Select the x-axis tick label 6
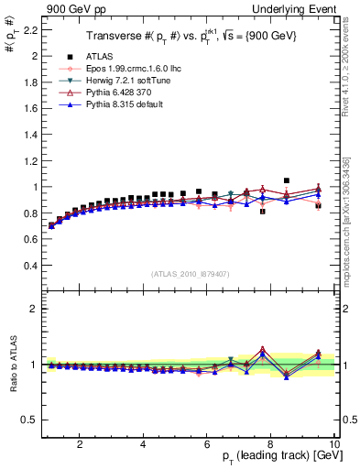coord(207,444)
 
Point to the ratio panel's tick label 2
coord(33,309)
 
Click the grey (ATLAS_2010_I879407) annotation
coord(190,273)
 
